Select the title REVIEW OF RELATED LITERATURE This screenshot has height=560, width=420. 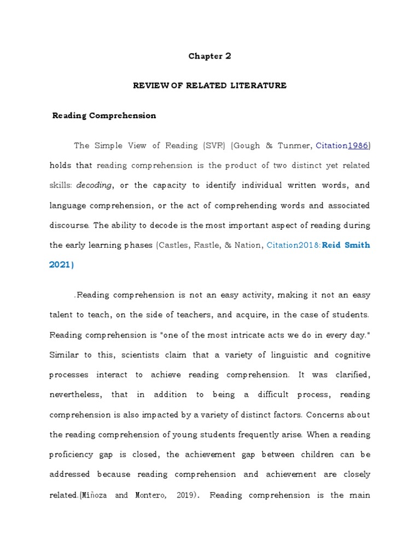pos(210,86)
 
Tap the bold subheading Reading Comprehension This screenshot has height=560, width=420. pos(104,115)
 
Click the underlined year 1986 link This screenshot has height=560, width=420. pos(358,145)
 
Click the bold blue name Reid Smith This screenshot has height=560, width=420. pos(346,245)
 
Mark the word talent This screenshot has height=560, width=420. pos(62,315)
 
